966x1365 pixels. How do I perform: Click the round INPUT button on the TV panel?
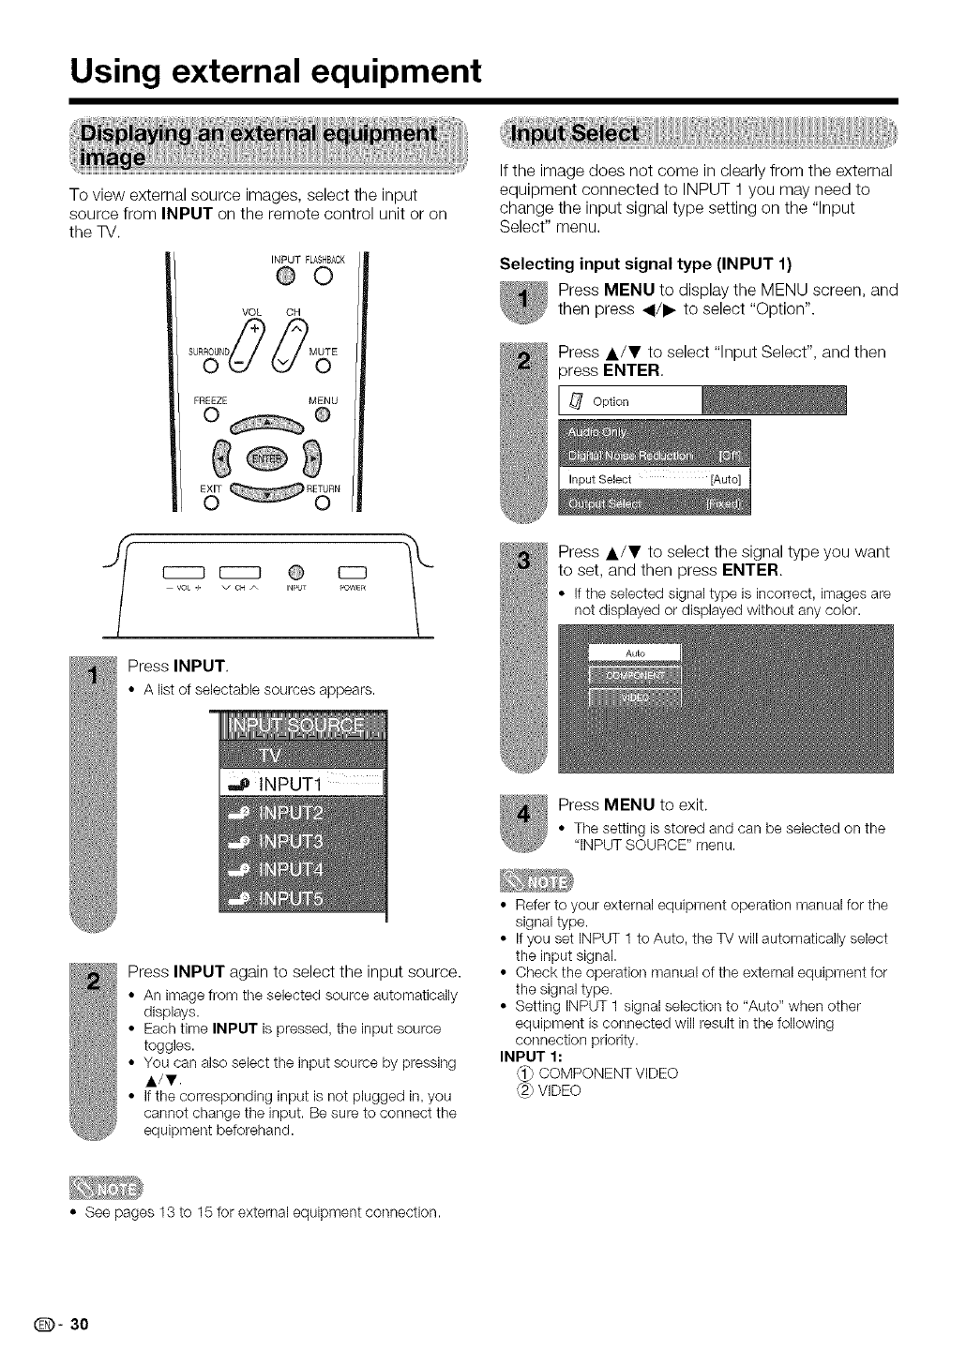pyautogui.click(x=292, y=574)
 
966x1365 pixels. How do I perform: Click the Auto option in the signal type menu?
pyautogui.click(x=636, y=652)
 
